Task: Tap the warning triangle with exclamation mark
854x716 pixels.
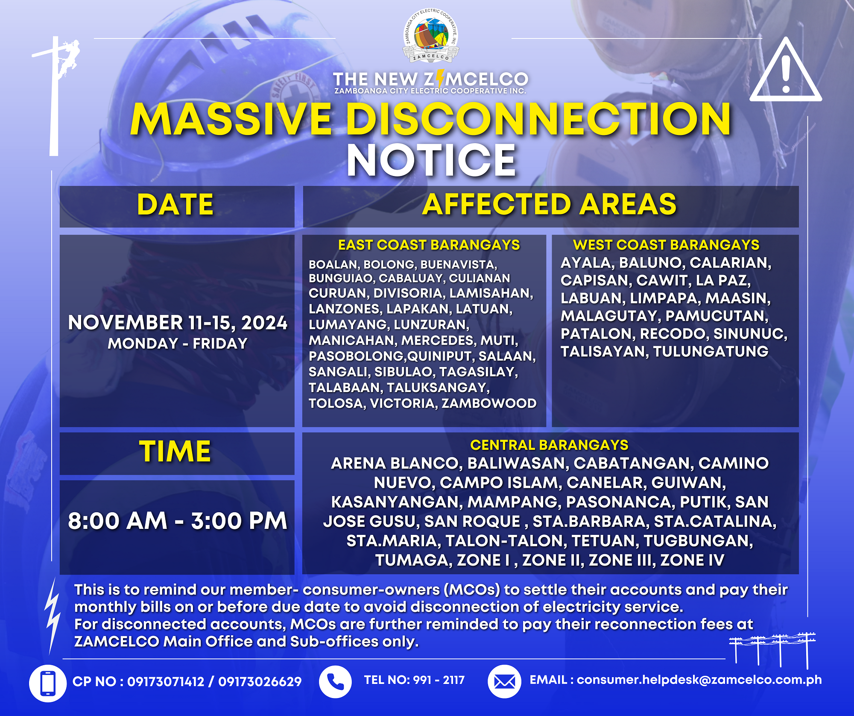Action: (x=786, y=70)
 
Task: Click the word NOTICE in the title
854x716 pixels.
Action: (x=431, y=160)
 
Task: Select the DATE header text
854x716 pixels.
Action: (x=175, y=205)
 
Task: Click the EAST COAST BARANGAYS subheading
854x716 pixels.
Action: (x=429, y=245)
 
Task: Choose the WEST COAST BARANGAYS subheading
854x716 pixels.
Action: (x=666, y=245)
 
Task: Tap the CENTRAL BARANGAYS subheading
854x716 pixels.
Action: (x=549, y=445)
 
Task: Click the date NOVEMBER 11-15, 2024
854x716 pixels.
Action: (x=178, y=323)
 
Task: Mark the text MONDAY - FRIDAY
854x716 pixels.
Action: (x=178, y=343)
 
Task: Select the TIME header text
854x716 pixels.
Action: (x=175, y=452)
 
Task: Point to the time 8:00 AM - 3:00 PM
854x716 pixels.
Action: (x=178, y=521)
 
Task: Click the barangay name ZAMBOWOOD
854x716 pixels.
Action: (x=489, y=403)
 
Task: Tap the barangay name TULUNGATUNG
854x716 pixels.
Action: (x=711, y=351)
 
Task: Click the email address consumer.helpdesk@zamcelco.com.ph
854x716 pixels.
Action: (x=699, y=680)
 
